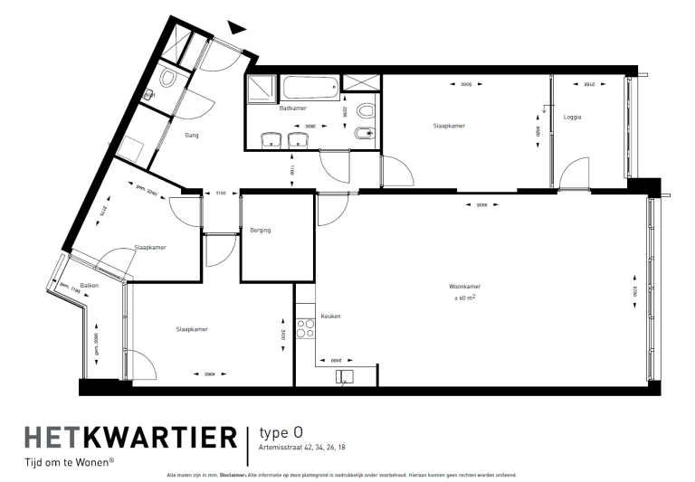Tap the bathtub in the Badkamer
[309, 88]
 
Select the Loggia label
[572, 117]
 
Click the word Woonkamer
[463, 287]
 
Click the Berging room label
[261, 230]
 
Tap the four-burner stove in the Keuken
[305, 327]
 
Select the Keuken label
[330, 317]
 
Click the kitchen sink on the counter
[343, 375]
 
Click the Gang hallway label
[191, 136]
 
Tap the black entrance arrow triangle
[237, 27]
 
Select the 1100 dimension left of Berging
[220, 193]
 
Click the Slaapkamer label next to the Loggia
[449, 126]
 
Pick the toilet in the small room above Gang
[167, 80]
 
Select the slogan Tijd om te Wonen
[69, 463]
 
